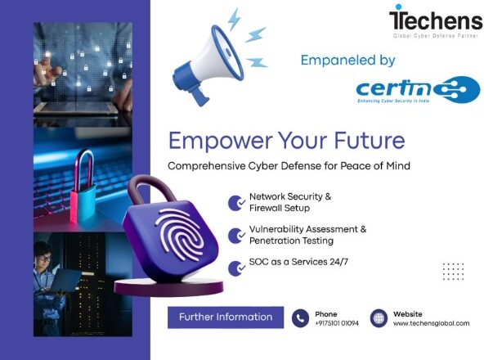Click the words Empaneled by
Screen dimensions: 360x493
(x=347, y=61)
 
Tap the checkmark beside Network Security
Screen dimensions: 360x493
(x=236, y=203)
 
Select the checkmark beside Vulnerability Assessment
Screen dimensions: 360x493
(x=236, y=236)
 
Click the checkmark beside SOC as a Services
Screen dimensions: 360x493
(x=236, y=268)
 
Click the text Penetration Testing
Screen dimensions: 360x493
(x=292, y=241)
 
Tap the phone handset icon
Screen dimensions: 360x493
(x=301, y=318)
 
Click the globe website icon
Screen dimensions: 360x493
(x=379, y=318)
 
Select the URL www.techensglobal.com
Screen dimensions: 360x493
(x=431, y=323)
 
